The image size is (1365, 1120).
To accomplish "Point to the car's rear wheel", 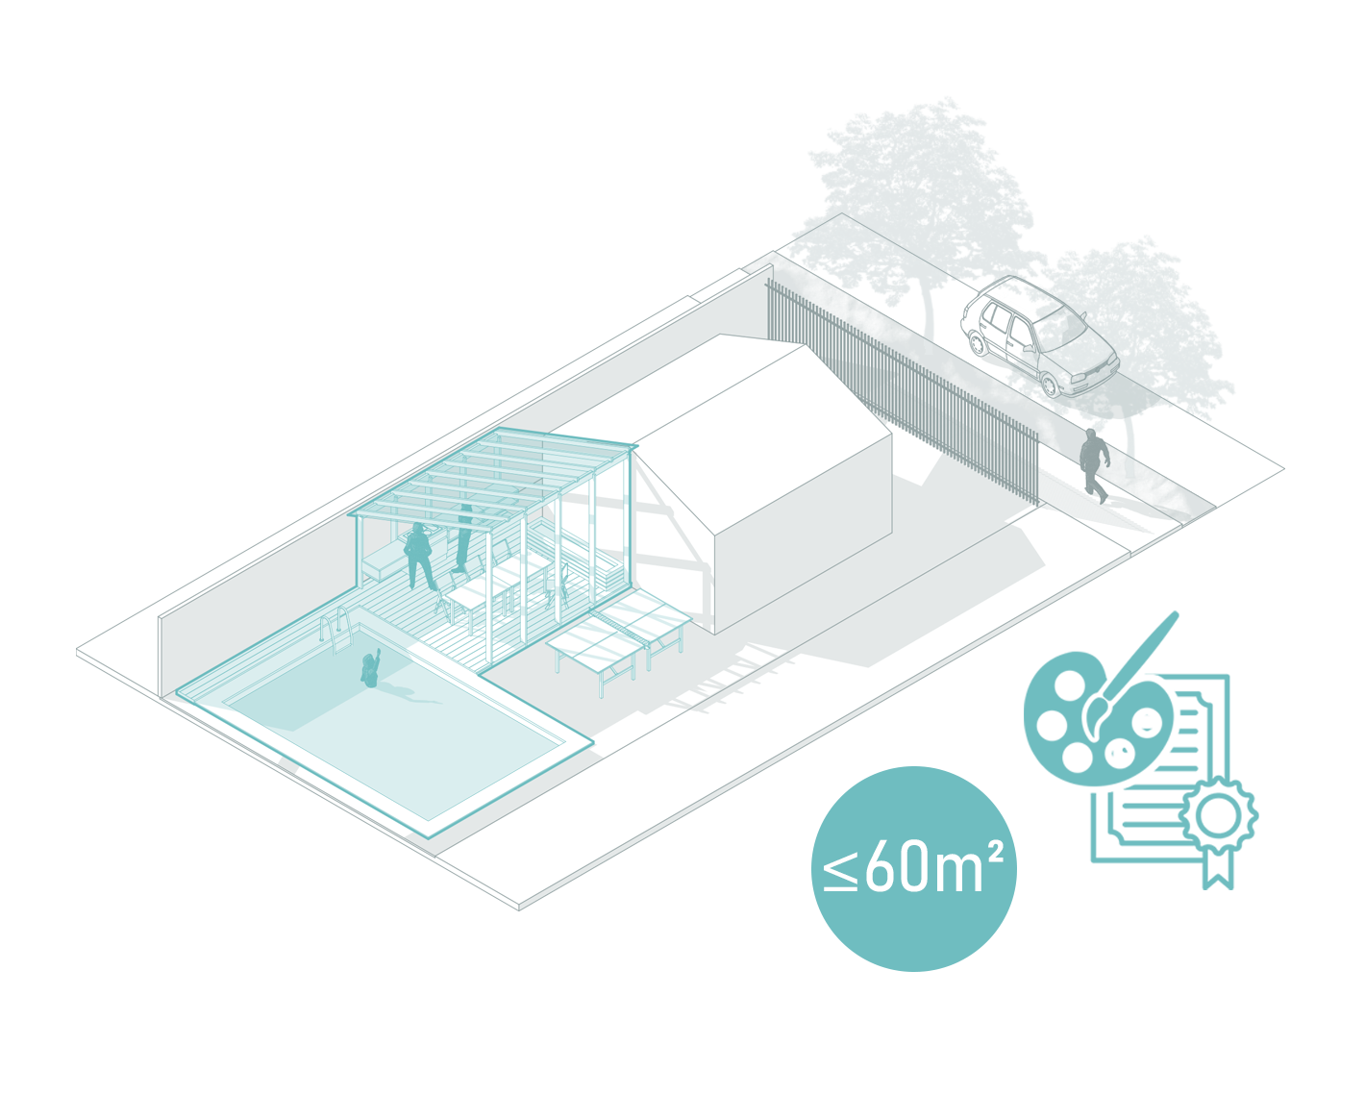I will [978, 342].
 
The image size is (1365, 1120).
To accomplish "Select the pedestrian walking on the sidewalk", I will [1093, 465].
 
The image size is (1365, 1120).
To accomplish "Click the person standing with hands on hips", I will [419, 557].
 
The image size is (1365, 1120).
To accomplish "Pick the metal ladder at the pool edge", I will [337, 632].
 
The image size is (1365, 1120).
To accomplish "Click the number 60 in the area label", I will [898, 868].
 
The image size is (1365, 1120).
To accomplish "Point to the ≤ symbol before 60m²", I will [840, 870].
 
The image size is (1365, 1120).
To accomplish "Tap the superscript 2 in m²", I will [996, 850].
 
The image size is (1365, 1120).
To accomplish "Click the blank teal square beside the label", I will [1141, 749].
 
